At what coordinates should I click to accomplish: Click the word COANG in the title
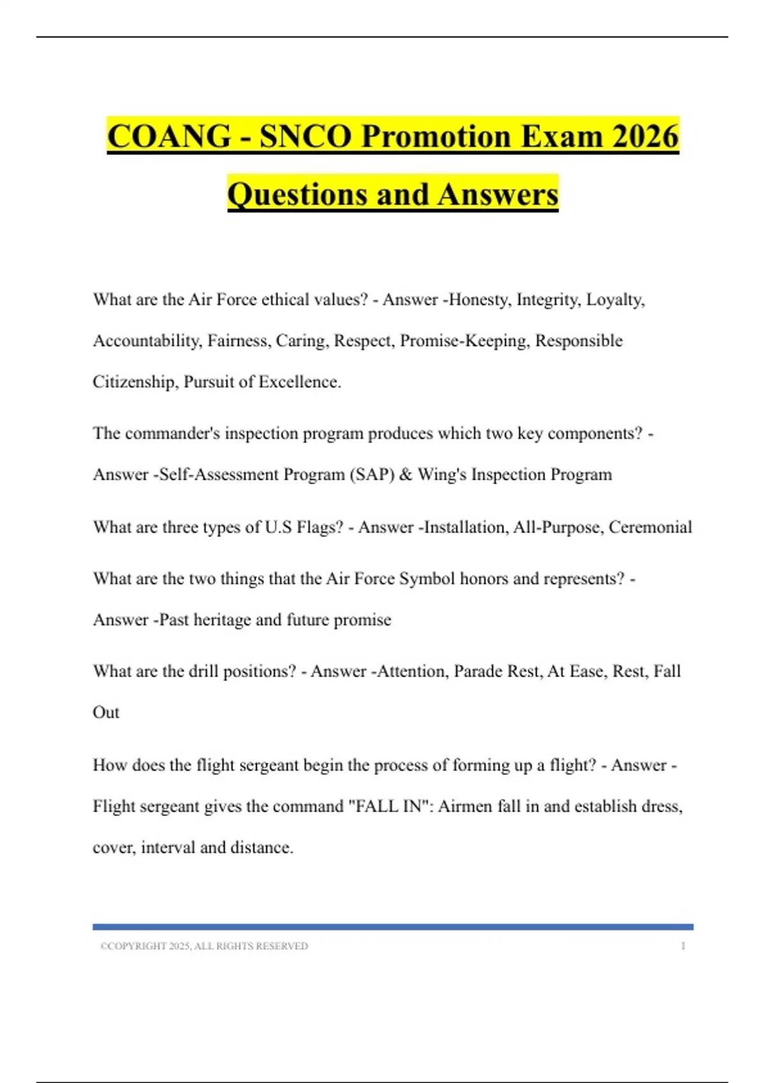[x=169, y=136]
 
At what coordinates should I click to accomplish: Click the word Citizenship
[x=135, y=382]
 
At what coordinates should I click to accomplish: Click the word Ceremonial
[x=650, y=527]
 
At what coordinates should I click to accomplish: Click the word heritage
[x=222, y=620]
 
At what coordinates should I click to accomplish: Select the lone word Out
[x=106, y=712]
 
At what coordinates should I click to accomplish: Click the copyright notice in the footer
[x=204, y=947]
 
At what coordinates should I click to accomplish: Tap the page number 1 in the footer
[x=683, y=947]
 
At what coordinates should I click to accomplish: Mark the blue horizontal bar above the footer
[x=393, y=927]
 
